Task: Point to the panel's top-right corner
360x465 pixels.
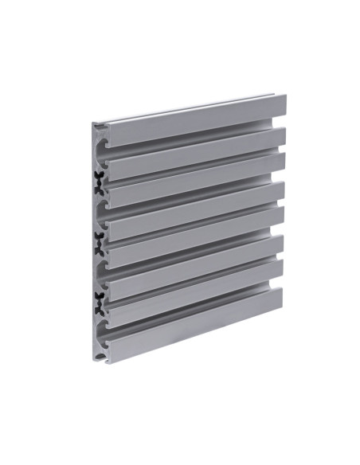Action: (285, 96)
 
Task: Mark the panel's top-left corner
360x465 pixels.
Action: (92, 124)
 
